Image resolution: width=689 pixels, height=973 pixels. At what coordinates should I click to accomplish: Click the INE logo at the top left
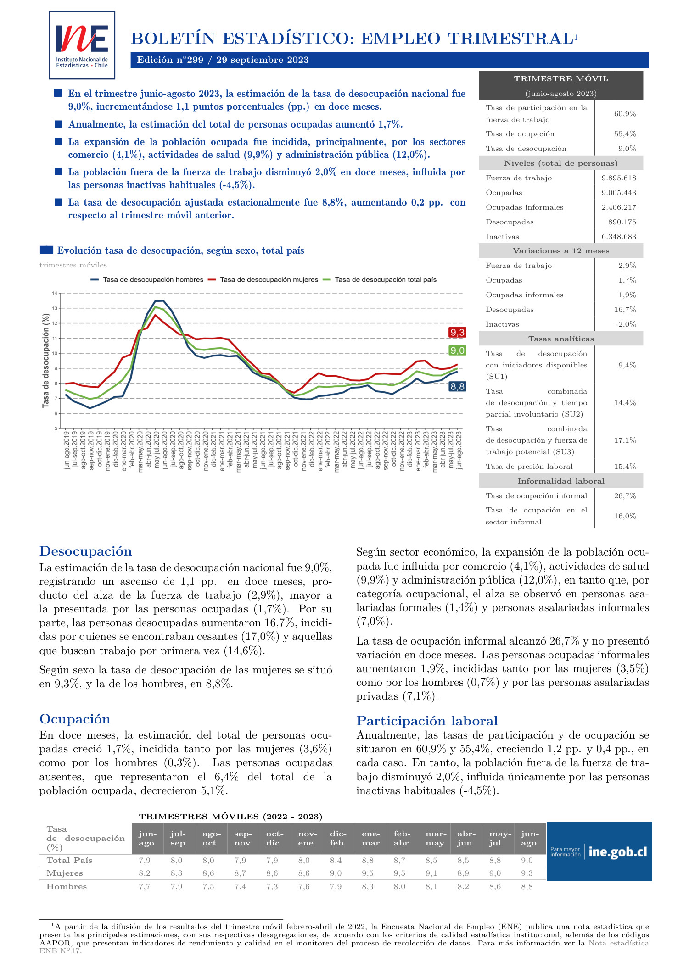tap(82, 45)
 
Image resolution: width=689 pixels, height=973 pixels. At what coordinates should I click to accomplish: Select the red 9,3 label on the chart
tap(457, 333)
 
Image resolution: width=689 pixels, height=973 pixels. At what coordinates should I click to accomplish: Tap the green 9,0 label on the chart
tap(457, 350)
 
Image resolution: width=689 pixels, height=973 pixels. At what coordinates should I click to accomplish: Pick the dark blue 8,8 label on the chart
tap(457, 387)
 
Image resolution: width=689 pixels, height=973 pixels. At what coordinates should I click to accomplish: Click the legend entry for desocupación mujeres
tap(269, 279)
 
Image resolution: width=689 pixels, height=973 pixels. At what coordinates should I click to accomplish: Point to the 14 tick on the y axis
tap(55, 293)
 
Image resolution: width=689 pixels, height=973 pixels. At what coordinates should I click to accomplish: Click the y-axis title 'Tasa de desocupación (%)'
tap(45, 361)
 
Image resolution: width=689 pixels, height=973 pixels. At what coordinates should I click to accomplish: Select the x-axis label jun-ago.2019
tap(67, 450)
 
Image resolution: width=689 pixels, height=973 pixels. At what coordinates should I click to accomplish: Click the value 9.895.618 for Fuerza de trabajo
tap(619, 178)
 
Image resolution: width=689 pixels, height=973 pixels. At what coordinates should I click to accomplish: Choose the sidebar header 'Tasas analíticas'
tap(560, 339)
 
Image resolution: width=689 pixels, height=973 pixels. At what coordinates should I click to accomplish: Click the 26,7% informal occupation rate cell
tap(625, 496)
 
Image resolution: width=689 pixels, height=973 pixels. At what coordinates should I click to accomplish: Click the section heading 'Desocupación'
tap(85, 551)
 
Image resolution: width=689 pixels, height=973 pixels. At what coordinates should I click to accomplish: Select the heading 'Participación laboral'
tap(427, 721)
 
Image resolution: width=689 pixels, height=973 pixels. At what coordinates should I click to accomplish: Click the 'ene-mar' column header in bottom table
tap(370, 838)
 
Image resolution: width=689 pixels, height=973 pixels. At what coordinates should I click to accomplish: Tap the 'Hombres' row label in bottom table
tap(67, 886)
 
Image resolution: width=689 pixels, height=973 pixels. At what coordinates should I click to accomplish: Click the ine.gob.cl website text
tap(618, 852)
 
